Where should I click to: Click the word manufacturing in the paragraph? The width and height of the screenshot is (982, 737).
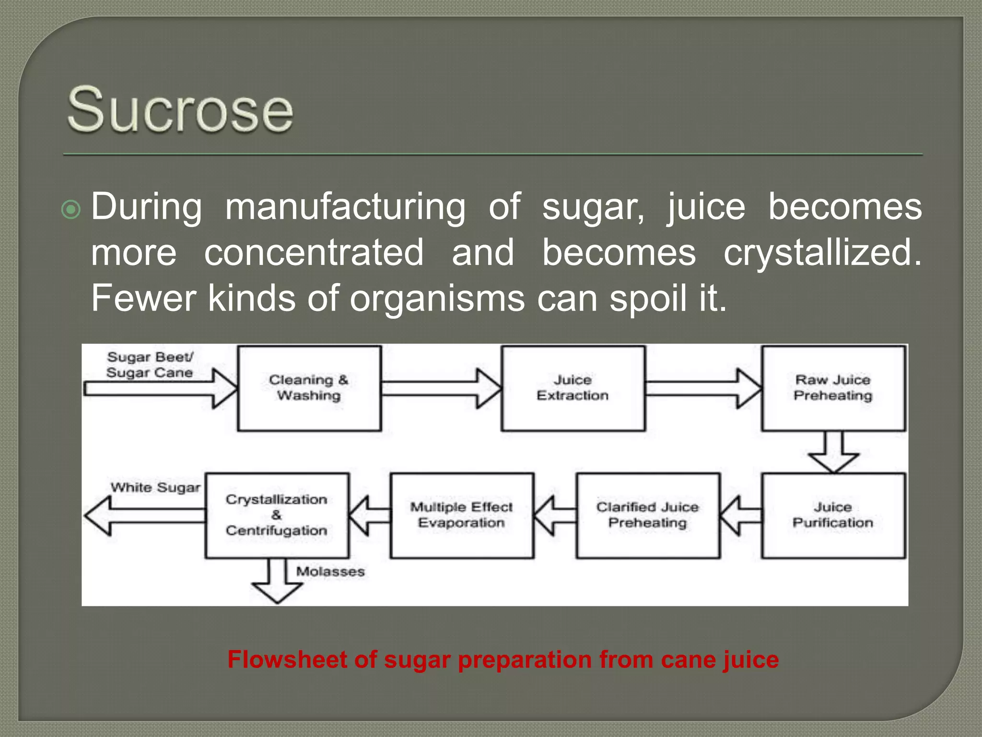tap(345, 207)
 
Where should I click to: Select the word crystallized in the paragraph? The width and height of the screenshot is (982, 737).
tap(822, 253)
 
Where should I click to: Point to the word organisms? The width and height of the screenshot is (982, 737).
tap(437, 298)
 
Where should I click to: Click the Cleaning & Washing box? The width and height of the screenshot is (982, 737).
tap(309, 388)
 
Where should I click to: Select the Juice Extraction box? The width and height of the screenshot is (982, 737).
tap(573, 388)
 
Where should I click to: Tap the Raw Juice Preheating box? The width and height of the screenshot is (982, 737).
tap(833, 388)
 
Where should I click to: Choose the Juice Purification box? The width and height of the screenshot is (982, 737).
tap(833, 515)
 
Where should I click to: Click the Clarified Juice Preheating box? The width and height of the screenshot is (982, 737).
tap(647, 515)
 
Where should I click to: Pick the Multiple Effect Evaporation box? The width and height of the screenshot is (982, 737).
tap(461, 515)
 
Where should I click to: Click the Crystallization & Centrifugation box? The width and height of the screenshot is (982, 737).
tap(277, 515)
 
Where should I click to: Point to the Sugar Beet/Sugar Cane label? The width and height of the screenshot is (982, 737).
tap(150, 365)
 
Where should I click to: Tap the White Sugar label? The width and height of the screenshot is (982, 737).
tap(155, 487)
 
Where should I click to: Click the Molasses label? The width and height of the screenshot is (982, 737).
tap(330, 571)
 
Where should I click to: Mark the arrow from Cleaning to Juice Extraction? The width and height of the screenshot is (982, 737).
tap(441, 388)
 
